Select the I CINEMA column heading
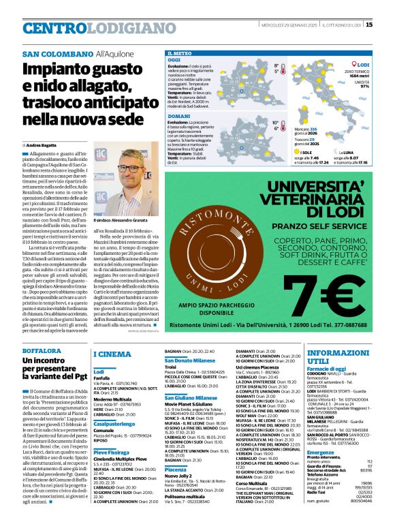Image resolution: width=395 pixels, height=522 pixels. pyautogui.click(x=112, y=354)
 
